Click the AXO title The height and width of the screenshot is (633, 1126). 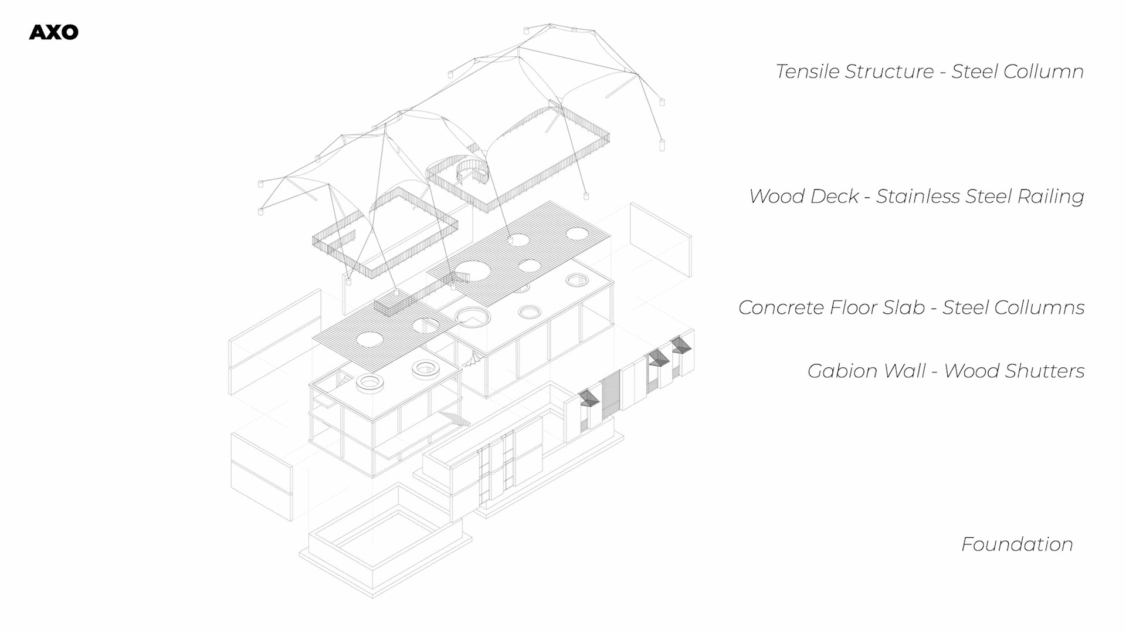click(x=53, y=32)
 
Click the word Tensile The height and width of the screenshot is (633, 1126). click(x=802, y=72)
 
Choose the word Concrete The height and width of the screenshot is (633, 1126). click(x=773, y=307)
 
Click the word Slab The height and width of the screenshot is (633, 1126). click(x=905, y=307)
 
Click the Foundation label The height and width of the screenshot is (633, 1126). click(x=1017, y=544)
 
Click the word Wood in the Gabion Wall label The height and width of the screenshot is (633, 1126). click(x=971, y=371)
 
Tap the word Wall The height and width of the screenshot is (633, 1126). click(x=905, y=371)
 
